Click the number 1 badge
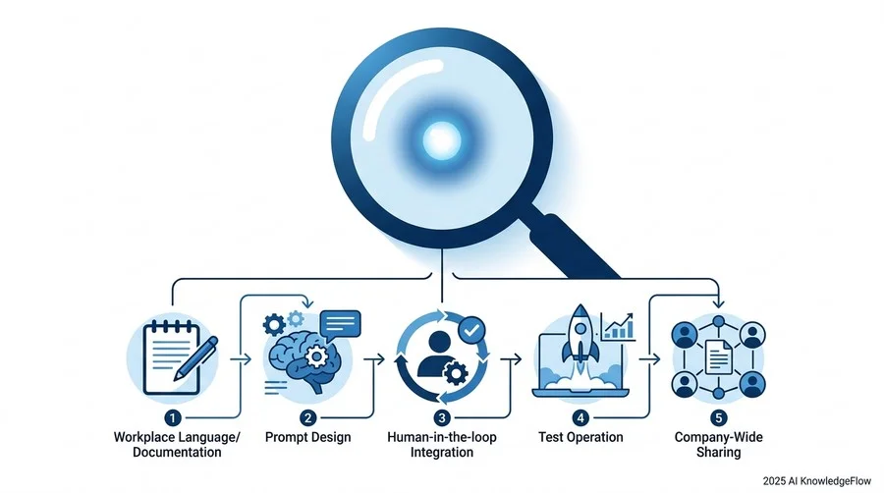[x=173, y=418]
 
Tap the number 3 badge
[x=442, y=418]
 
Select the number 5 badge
[x=718, y=418]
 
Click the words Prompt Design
[x=307, y=437]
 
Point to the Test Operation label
[x=580, y=437]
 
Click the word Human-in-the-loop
[x=442, y=437]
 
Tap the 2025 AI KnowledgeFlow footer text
[x=817, y=481]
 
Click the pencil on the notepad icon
[x=195, y=358]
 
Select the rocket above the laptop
[x=580, y=335]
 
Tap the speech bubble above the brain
[x=340, y=324]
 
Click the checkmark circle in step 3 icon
[x=471, y=330]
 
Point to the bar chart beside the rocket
[x=618, y=327]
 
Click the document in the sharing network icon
[x=719, y=357]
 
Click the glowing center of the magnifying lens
[x=441, y=140]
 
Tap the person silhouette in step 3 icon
[x=439, y=354]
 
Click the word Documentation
[x=177, y=453]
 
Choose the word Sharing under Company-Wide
[x=719, y=453]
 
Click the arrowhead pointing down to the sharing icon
[x=719, y=303]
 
